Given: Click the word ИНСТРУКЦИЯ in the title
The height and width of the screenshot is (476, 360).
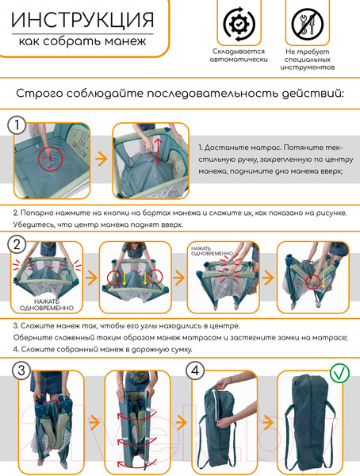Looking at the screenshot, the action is tap(82, 21).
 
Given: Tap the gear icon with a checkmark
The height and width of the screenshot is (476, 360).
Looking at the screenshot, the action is tap(239, 24).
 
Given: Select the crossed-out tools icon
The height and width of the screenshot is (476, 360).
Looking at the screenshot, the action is tap(308, 24).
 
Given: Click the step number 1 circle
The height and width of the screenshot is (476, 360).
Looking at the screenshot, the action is tap(17, 125).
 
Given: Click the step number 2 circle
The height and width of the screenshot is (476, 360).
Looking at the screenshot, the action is tap(17, 244).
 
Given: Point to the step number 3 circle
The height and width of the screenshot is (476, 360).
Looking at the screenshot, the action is tap(21, 370).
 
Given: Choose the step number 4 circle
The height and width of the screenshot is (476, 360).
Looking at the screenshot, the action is tap(195, 370).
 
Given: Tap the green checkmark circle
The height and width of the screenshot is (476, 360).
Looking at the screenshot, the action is tap(339, 374).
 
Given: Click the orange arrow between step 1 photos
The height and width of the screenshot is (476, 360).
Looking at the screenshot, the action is tap(101, 159).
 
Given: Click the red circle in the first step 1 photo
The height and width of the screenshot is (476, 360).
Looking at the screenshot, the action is tap(50, 159).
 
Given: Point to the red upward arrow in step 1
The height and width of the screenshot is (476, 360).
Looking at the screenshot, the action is tap(158, 152).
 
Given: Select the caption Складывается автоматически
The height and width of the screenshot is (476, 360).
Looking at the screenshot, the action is tap(239, 56).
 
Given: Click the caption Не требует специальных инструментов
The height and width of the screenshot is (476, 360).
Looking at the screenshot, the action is tap(307, 59).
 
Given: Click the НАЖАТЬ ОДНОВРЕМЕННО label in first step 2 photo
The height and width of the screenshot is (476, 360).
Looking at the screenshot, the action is tap(47, 305).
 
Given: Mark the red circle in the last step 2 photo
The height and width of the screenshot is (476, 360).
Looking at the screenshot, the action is tap(313, 282).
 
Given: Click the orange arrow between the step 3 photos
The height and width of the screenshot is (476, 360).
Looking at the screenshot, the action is tap(94, 422).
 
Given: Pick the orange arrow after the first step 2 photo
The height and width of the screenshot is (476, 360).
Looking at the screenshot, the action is tap(91, 278).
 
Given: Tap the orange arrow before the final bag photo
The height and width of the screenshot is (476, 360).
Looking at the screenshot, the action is tap(268, 422).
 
